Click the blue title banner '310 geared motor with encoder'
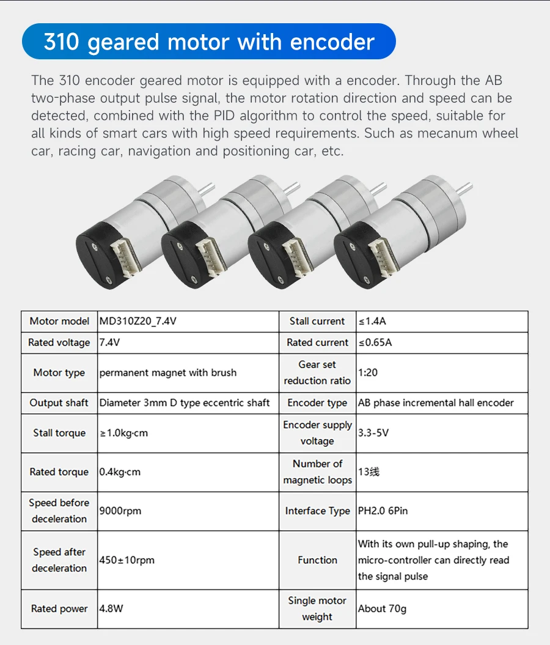pyautogui.click(x=208, y=42)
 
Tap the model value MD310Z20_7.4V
pyautogui.click(x=137, y=321)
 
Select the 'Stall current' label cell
pyautogui.click(x=317, y=321)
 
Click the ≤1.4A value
pyautogui.click(x=373, y=321)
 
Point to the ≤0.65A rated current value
pyautogui.click(x=375, y=342)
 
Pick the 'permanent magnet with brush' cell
pyautogui.click(x=167, y=372)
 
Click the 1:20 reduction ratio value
pyautogui.click(x=368, y=372)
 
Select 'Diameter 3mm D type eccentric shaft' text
pyautogui.click(x=184, y=403)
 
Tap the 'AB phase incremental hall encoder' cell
pyautogui.click(x=436, y=403)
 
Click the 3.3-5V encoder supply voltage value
pyautogui.click(x=373, y=433)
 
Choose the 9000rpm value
pyautogui.click(x=120, y=510)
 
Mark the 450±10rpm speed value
pyautogui.click(x=127, y=559)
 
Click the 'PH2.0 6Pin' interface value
pyautogui.click(x=383, y=510)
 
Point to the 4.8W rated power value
pyautogui.click(x=111, y=608)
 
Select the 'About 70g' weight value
pyautogui.click(x=382, y=608)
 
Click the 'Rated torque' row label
pyautogui.click(x=59, y=472)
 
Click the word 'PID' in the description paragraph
pyautogui.click(x=244, y=116)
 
